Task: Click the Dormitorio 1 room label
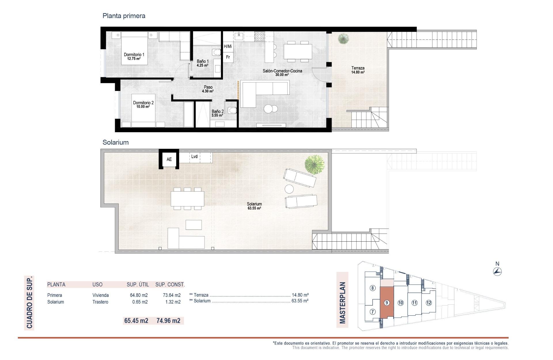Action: point(134,56)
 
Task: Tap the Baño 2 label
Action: point(217,113)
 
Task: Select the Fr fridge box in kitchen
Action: point(228,57)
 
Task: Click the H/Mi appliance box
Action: point(228,46)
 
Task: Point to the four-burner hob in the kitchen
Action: point(259,36)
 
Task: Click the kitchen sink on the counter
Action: point(239,36)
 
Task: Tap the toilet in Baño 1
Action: point(216,52)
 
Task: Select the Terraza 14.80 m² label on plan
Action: point(358,70)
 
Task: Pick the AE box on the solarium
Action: point(169,159)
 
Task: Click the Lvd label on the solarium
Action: point(194,157)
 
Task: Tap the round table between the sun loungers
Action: point(289,189)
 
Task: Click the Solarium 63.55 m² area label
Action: point(254,206)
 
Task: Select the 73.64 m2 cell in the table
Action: point(172,295)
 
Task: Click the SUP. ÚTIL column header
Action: point(138,285)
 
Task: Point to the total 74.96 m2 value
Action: point(168,321)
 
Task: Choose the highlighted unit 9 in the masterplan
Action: point(387,303)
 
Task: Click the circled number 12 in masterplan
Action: point(429,303)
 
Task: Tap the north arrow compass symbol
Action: point(497,271)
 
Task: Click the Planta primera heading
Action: point(124,16)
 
